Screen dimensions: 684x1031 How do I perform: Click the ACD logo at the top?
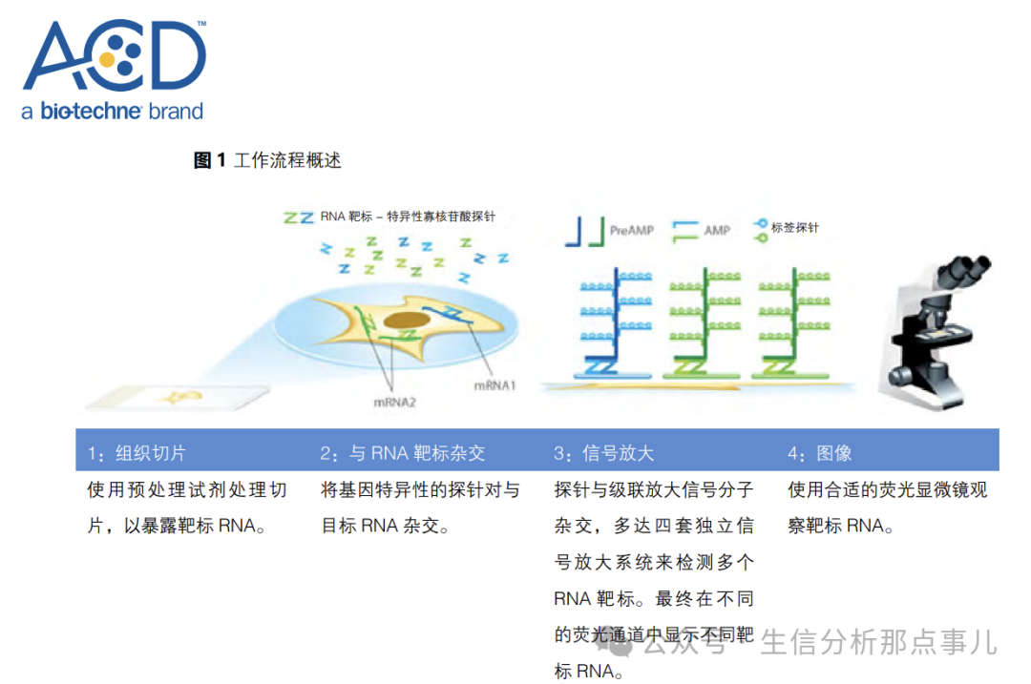point(114,56)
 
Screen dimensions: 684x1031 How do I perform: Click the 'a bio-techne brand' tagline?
point(112,111)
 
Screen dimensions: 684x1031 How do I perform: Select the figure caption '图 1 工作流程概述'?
point(267,160)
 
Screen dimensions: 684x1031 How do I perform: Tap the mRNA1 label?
point(494,385)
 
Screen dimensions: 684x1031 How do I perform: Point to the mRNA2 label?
point(394,402)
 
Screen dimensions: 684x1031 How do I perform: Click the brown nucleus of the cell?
point(406,324)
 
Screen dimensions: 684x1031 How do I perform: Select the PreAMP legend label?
point(631,230)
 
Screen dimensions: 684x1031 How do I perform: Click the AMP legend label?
point(716,230)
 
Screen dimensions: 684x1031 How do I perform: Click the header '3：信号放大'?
point(603,453)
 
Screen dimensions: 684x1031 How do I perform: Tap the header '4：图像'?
point(819,453)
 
